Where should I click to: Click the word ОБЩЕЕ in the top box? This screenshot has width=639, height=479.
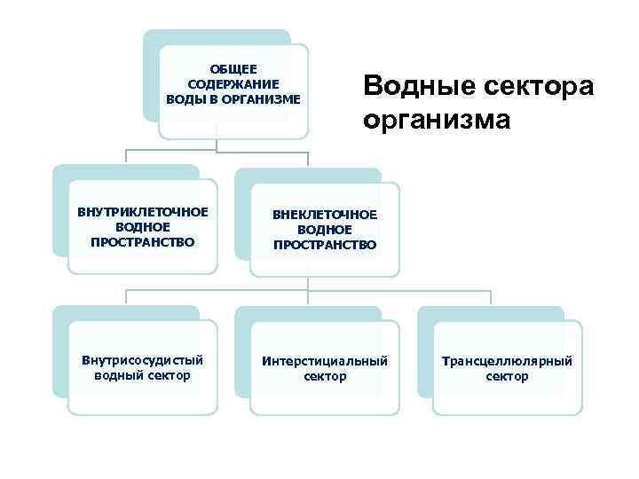[233, 68]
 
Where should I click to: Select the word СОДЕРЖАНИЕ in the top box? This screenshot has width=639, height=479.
[233, 82]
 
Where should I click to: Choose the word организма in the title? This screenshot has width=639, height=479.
[437, 118]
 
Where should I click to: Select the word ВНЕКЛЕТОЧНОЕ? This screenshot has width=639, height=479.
[325, 215]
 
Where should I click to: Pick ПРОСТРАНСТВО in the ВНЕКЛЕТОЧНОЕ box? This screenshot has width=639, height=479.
[325, 244]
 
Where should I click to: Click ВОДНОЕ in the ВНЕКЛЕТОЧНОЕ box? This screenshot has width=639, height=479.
[325, 230]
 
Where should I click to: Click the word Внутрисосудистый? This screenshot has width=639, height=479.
[142, 361]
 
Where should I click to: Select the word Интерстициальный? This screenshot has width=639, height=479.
[325, 362]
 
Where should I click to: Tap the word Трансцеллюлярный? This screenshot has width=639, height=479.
[507, 362]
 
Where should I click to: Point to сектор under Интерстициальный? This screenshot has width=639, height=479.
[325, 377]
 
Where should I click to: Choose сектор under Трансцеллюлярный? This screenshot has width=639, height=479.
[507, 377]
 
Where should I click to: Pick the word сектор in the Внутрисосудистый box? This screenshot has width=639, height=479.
[169, 376]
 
